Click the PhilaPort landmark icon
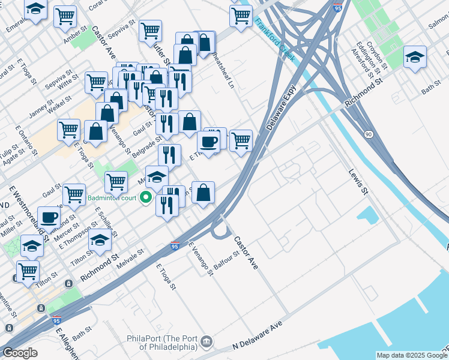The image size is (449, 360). click(207, 341)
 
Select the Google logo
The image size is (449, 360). click(20, 353)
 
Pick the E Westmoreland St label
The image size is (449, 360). click(28, 208)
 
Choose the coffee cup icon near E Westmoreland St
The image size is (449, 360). click(49, 217)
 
